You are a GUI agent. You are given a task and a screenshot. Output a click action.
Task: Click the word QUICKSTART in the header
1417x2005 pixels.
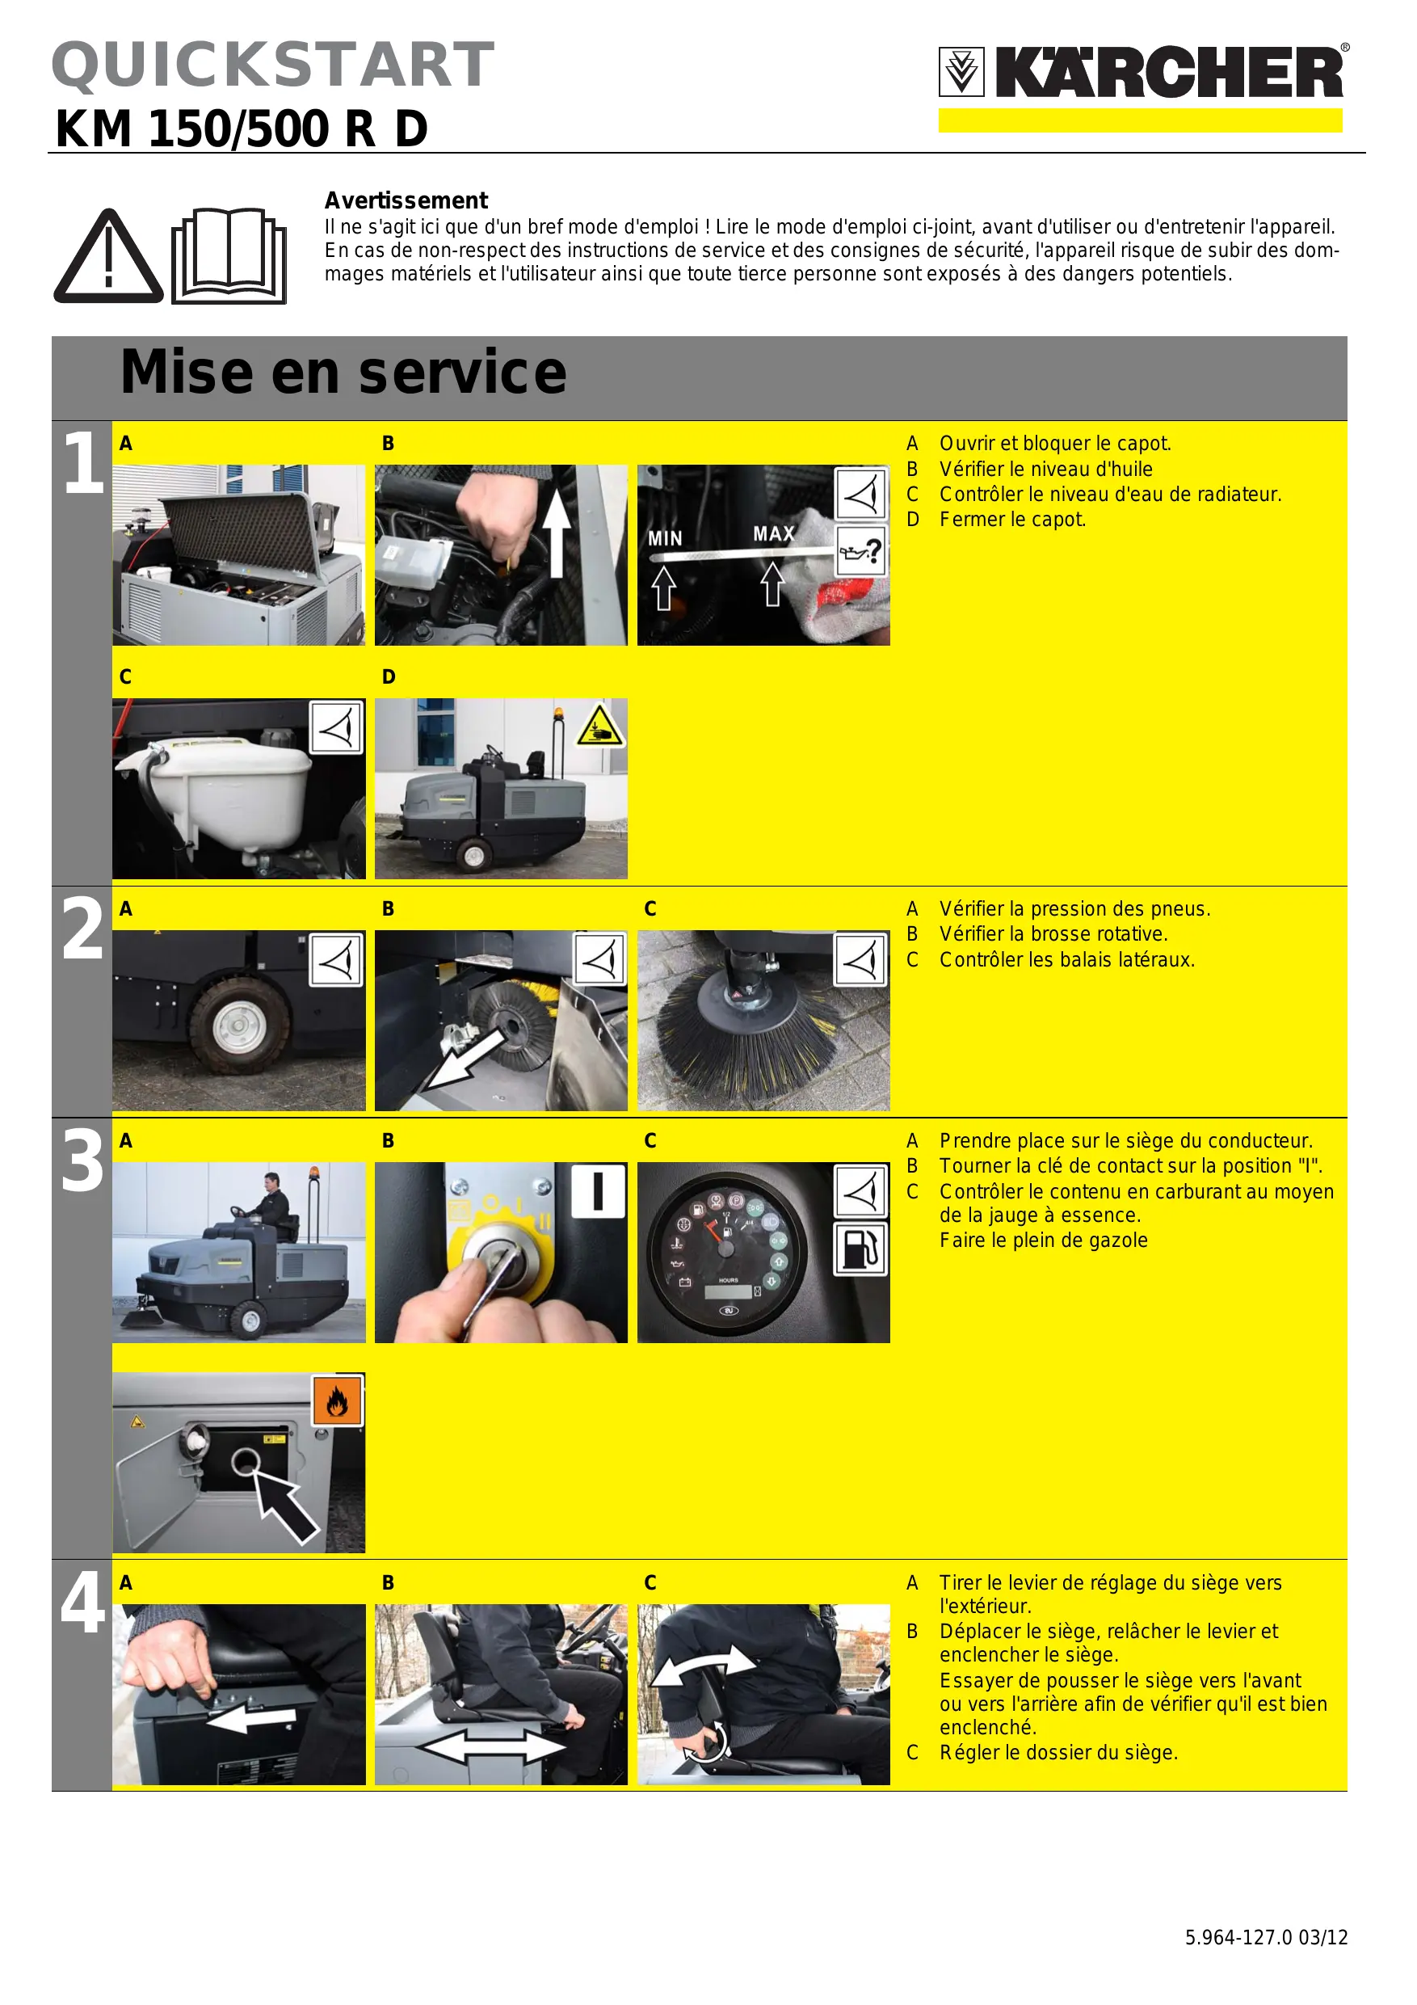(x=273, y=65)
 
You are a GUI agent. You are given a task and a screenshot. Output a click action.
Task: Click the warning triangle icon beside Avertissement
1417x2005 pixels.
(x=108, y=257)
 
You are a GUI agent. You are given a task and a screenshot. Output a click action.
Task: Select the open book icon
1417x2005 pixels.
(x=229, y=255)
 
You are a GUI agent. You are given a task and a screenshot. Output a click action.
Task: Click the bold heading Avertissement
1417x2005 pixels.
(x=406, y=201)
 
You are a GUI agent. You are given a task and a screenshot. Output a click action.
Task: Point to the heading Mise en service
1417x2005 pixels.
(x=343, y=372)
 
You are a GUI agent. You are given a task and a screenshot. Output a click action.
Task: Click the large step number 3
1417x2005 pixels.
(x=82, y=1160)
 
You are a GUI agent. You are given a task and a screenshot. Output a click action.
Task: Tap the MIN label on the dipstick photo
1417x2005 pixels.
(x=666, y=539)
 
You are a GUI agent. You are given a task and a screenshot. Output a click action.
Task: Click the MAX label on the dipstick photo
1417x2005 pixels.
(x=774, y=533)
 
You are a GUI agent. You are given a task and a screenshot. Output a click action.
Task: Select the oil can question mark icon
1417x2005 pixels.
(x=861, y=551)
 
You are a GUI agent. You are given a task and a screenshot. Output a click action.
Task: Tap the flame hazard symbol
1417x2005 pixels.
(x=338, y=1401)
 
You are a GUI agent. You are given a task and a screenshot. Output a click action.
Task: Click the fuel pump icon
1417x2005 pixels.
(x=861, y=1249)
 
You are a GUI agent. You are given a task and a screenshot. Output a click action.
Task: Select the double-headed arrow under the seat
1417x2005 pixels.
(x=494, y=1747)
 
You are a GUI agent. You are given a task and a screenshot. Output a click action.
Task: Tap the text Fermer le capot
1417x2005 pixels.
(x=1013, y=520)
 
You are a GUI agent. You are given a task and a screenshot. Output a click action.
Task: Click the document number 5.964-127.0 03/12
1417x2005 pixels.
(x=1266, y=1937)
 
